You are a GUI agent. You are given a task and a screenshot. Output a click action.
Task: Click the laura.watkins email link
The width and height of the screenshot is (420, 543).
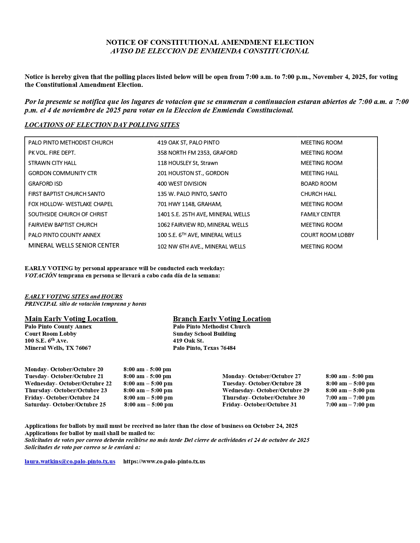[x=70, y=461]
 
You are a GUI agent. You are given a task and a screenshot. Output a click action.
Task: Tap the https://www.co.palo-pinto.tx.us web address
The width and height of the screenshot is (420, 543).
[x=164, y=461]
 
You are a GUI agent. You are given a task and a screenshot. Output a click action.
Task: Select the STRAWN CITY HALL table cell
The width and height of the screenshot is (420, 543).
[x=52, y=163]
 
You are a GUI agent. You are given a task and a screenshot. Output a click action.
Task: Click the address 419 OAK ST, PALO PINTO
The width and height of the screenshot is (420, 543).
[x=188, y=142]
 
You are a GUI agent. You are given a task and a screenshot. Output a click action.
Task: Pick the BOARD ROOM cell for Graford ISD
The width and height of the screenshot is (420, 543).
[x=319, y=184]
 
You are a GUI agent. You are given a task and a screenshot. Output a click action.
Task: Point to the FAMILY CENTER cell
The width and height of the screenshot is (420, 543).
[x=320, y=214]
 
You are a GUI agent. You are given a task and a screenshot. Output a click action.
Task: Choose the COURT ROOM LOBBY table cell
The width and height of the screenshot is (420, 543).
[x=327, y=235]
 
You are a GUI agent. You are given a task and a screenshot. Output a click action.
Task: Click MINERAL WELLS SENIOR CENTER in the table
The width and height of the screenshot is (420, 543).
[x=74, y=246]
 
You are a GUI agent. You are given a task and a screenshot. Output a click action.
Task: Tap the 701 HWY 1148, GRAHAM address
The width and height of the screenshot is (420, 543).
[x=189, y=204]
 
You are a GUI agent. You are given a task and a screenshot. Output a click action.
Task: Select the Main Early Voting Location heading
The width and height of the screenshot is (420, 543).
[x=70, y=319]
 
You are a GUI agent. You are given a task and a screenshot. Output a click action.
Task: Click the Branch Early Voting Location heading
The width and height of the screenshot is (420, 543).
[x=222, y=319]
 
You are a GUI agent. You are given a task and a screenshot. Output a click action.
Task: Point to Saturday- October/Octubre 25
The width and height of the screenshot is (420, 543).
[x=65, y=404]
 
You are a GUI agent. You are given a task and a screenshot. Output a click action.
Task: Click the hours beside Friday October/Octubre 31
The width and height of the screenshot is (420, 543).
[x=350, y=404]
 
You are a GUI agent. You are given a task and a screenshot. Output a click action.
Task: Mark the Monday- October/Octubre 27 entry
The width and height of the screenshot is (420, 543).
[x=262, y=376]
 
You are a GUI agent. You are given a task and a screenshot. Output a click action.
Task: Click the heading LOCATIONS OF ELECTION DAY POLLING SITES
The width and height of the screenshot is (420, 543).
[x=102, y=125]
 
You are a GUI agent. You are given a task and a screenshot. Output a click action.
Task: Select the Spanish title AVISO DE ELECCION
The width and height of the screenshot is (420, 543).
[x=210, y=51]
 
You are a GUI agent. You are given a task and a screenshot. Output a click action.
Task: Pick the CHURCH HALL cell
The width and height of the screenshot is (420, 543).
[x=318, y=194]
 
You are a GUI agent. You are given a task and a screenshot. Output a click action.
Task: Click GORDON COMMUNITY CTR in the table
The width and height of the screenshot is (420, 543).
[x=63, y=173]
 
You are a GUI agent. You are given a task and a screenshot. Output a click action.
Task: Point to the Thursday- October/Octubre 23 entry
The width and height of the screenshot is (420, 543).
[x=66, y=390]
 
